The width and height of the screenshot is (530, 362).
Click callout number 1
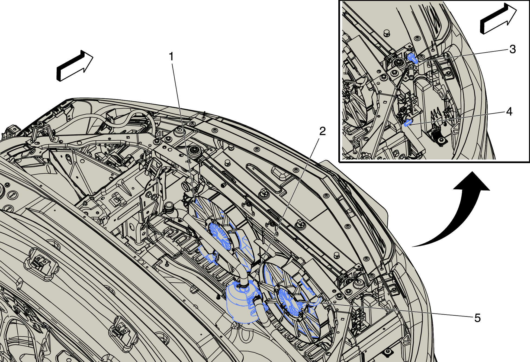171,57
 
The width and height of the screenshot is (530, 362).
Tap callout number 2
322,131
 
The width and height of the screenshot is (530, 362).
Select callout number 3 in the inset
512,49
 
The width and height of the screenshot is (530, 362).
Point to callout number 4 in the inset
509,112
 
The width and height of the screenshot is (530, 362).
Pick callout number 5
477,318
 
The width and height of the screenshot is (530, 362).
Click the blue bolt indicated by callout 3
412,58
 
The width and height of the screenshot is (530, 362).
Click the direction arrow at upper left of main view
75,66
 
